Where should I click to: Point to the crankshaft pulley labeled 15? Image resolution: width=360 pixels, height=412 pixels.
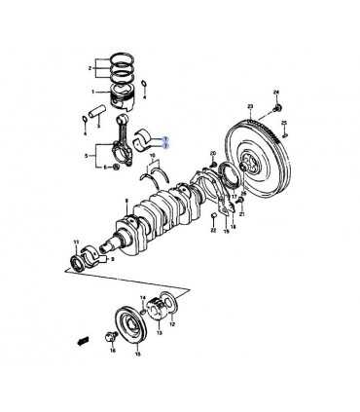(126, 322)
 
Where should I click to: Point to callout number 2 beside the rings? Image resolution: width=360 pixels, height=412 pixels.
(90, 69)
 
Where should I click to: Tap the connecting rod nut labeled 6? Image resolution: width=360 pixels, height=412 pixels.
(116, 169)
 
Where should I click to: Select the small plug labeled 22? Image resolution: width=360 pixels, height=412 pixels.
(212, 216)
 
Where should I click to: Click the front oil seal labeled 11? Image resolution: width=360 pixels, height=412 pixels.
(77, 262)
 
